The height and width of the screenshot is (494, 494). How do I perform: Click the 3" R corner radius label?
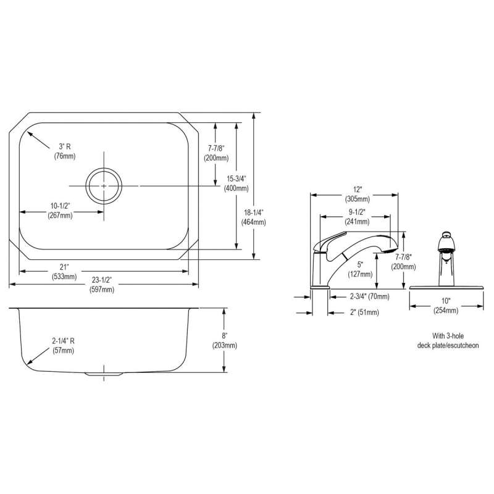tap(65, 146)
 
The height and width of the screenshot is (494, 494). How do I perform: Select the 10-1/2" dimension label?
tap(60, 206)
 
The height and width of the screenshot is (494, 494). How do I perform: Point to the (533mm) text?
tap(64, 277)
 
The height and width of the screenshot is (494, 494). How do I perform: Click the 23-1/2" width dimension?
tap(102, 280)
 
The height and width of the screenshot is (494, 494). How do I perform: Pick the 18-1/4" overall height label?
tap(253, 212)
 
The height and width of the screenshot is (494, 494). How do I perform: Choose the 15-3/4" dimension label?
tap(237, 179)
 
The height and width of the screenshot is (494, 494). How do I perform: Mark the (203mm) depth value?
tap(224, 345)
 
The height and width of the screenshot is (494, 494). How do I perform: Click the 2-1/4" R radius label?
tap(64, 341)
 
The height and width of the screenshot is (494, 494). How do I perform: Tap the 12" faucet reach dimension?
tap(358, 190)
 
